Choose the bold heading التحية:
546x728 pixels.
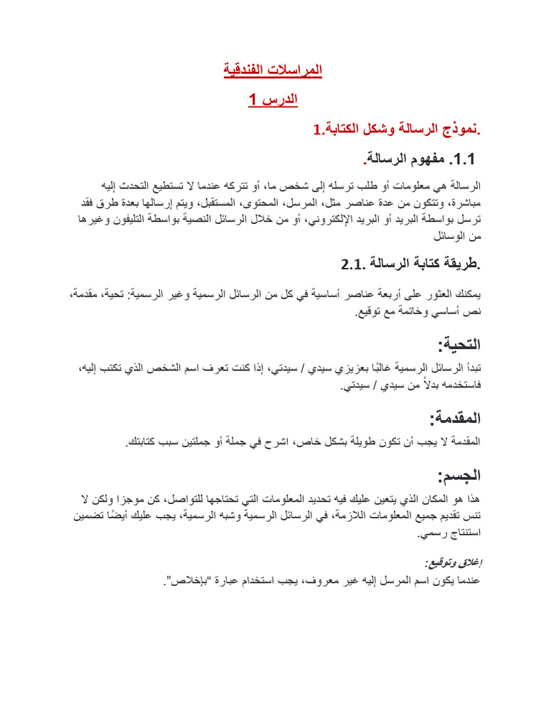click(x=460, y=345)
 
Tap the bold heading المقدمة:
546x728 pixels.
click(x=455, y=417)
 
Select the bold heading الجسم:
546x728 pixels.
click(x=460, y=475)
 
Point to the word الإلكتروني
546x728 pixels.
click(x=331, y=219)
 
